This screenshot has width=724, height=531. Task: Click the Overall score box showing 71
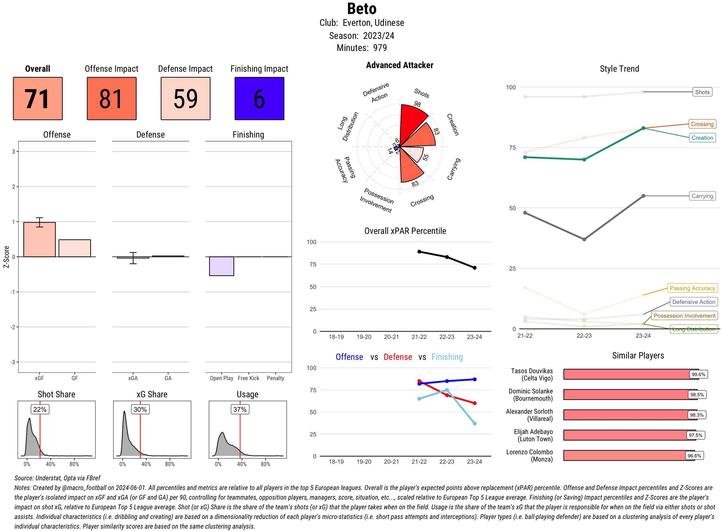point(38,98)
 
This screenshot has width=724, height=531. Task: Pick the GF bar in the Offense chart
point(75,248)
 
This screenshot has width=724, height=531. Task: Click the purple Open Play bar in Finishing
point(221,266)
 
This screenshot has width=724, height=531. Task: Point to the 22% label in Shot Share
point(40,409)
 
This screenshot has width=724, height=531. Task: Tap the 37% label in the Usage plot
point(240,409)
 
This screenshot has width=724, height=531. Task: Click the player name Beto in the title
point(362,9)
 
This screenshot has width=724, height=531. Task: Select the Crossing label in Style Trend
point(702,124)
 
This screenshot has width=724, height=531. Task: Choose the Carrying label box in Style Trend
point(702,196)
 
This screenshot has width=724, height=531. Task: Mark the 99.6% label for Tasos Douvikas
point(698,374)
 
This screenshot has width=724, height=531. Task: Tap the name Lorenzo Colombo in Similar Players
point(529,452)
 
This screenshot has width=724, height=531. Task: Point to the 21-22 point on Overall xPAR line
point(419,252)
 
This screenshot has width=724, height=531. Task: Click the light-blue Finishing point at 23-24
point(474,423)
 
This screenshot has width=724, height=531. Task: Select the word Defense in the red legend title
point(397,357)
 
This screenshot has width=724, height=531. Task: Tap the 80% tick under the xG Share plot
point(170,464)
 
